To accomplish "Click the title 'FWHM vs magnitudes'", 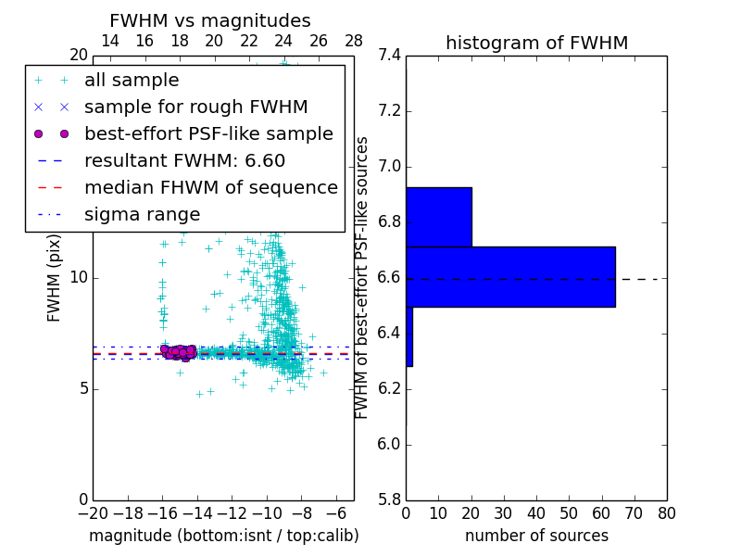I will point(210,21).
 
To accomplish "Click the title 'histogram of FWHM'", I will point(536,44).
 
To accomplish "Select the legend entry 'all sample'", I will point(132,81).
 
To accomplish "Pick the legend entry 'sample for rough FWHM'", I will point(195,107).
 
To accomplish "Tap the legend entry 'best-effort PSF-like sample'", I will point(208,134).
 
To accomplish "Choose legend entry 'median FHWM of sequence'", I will point(211,188).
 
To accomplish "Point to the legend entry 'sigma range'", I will point(142,215).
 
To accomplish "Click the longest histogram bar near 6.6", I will point(510,276).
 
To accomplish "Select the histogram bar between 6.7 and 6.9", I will point(439,217).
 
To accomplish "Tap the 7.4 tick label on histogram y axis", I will point(389,56).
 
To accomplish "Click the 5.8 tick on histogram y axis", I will point(389,499).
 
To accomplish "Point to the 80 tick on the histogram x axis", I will point(666,513).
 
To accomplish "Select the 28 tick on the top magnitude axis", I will point(354,41).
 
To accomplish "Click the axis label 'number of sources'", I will point(536,537).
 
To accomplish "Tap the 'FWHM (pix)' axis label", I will point(55,278).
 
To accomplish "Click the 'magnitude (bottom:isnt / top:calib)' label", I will point(223,537).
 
